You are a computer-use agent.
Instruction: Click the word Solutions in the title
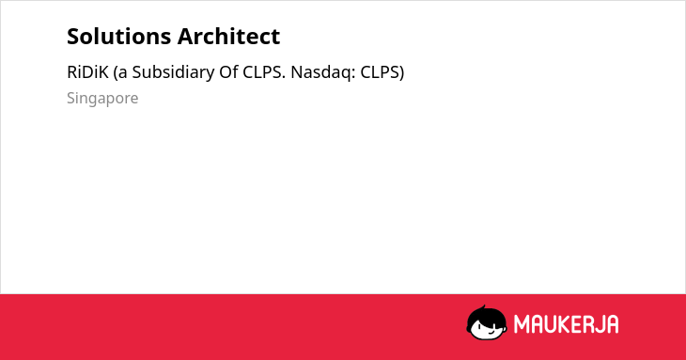tap(119, 37)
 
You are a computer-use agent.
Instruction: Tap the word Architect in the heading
tap(228, 37)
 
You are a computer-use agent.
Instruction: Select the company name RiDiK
tap(87, 72)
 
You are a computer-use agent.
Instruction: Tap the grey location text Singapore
tap(102, 99)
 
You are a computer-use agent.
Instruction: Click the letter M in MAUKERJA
tap(522, 324)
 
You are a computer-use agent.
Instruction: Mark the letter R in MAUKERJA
tap(586, 324)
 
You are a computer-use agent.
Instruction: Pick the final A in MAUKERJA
tap(612, 324)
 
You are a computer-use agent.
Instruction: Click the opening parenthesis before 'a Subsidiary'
tap(116, 72)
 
